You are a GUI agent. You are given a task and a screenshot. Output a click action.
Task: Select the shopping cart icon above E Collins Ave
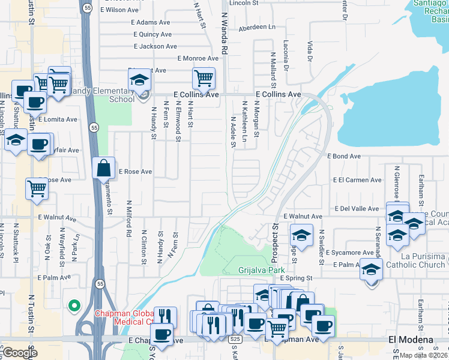coord(203,78)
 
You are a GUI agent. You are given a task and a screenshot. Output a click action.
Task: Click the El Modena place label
coord(411,340)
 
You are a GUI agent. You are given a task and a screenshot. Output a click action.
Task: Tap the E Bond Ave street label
coord(344,156)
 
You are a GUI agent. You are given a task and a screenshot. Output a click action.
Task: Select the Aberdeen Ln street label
coord(257,27)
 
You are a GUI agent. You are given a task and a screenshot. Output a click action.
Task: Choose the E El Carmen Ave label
coord(357,180)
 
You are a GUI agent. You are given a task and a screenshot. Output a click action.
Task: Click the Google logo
coord(20,353)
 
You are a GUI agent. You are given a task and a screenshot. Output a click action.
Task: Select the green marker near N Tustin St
coord(74,307)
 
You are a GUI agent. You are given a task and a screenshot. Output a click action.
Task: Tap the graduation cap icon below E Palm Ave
coord(372,270)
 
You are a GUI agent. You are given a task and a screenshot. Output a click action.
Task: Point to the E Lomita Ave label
coord(58,119)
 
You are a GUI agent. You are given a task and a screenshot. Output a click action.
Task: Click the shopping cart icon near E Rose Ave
coord(37,188)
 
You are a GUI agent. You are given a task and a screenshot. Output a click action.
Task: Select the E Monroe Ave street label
coord(198,58)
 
